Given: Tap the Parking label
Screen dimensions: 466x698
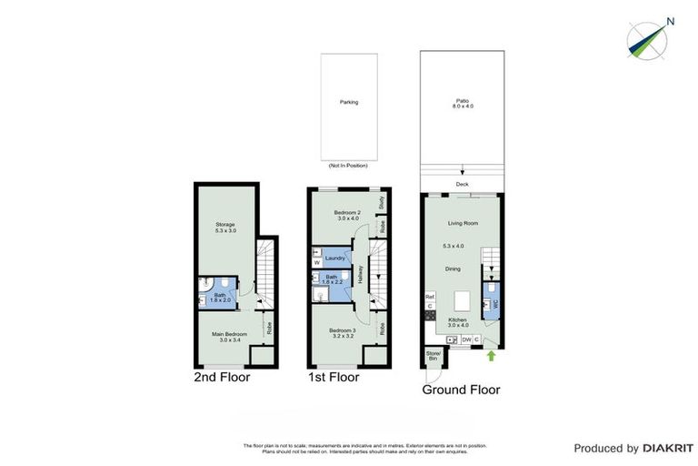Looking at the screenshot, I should click(x=349, y=102).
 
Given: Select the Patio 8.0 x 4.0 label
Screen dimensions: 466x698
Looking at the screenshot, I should click(x=464, y=104).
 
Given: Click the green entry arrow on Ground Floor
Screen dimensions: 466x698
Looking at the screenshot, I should click(x=492, y=355).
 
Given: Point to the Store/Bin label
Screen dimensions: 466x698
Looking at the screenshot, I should click(x=434, y=356).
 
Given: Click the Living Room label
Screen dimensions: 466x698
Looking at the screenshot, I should click(x=463, y=223).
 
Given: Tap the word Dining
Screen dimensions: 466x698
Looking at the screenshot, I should click(x=453, y=268).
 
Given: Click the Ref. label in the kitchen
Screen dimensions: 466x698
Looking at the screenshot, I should click(x=429, y=296).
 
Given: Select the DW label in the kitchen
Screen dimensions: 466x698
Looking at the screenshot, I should click(x=465, y=339).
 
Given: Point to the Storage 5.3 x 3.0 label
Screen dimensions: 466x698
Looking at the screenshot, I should click(x=225, y=227).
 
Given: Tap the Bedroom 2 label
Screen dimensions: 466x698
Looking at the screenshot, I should click(x=347, y=215).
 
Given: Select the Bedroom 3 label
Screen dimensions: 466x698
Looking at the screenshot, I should click(x=341, y=332).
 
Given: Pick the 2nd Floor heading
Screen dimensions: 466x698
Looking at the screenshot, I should click(x=222, y=377).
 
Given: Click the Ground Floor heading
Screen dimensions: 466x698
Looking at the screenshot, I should click(x=461, y=390).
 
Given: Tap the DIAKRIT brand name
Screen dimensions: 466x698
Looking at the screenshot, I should click(x=668, y=448).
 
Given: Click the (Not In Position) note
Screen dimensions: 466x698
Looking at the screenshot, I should click(x=349, y=167).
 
